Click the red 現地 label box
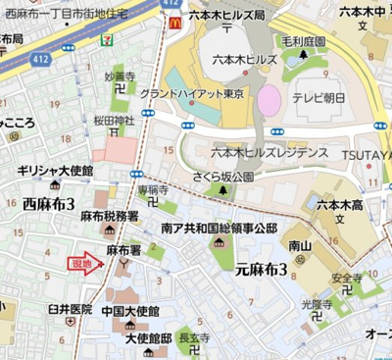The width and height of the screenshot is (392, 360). point(81,263)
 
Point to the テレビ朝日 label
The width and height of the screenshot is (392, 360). point(317,99)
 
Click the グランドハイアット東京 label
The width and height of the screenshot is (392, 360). point(190,93)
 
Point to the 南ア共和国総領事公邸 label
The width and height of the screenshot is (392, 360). point(219,227)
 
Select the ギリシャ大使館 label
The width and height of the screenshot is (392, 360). point(56,171)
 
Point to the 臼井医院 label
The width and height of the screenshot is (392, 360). point(70,308)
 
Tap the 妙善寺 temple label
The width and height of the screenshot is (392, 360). point(121,75)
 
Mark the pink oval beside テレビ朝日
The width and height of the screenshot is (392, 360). point(268,98)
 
